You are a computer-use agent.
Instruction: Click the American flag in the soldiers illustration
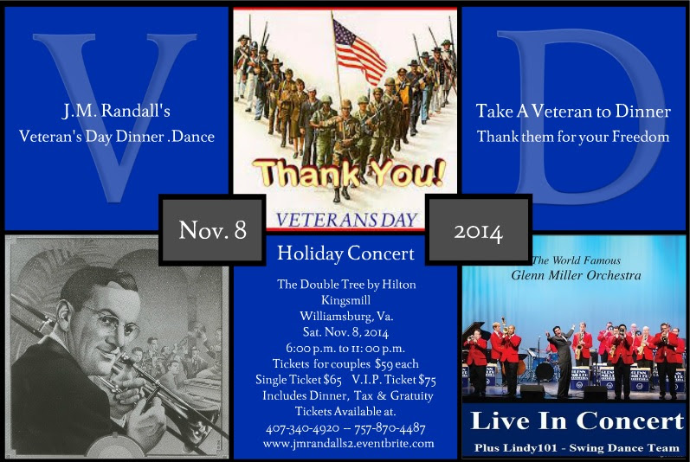pos(358,50)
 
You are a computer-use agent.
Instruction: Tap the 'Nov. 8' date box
pos(212,230)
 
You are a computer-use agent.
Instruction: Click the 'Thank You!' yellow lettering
pos(349,173)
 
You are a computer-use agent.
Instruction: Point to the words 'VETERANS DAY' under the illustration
pos(346,220)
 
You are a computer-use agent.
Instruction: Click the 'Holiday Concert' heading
pos(346,253)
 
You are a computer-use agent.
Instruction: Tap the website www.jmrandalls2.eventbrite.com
pos(349,443)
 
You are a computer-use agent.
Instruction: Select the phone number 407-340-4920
pos(302,428)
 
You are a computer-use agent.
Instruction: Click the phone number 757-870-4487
pos(390,428)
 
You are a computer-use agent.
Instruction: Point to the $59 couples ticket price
pos(384,364)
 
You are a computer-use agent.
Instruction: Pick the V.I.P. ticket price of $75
pos(427,380)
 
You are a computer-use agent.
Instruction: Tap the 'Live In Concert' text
pos(577,420)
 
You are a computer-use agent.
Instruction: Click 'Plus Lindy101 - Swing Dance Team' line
pos(577,448)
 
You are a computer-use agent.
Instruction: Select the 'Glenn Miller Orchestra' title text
pos(576,275)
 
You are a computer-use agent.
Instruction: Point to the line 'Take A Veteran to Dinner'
pos(573,111)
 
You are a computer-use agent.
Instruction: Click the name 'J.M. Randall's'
pos(116,111)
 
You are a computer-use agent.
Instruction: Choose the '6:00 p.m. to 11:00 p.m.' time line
pos(345,348)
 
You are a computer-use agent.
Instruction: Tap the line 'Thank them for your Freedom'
pos(573,137)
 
